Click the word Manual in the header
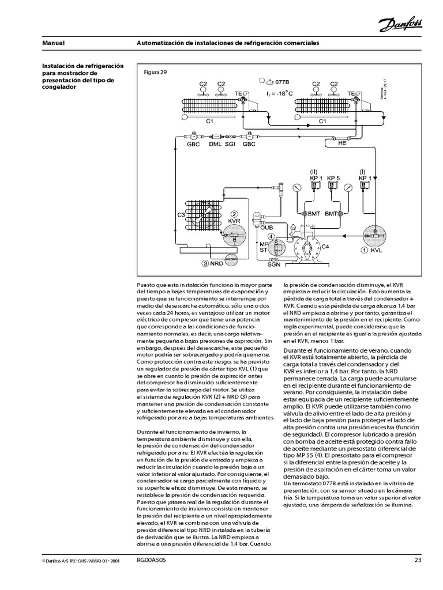point(53,43)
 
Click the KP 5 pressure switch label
point(333,178)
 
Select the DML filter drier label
point(215,145)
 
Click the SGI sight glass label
point(230,145)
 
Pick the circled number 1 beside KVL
point(364,251)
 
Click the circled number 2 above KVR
point(234,214)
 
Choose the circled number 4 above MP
point(271,236)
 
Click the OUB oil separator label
point(265,227)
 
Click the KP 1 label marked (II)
point(314,178)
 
